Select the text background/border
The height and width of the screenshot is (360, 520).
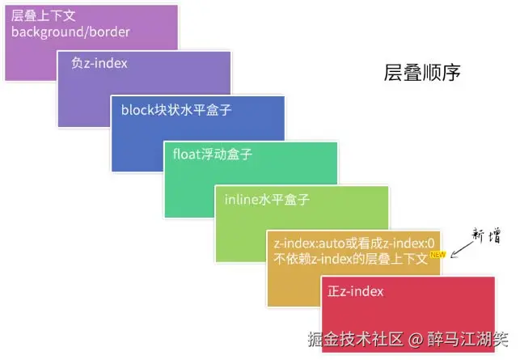click(70, 32)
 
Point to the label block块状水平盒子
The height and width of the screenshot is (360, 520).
click(176, 109)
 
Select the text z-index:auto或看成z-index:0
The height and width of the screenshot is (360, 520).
click(354, 244)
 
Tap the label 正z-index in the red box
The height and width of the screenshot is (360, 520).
click(356, 291)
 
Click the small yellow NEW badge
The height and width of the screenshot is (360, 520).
click(438, 256)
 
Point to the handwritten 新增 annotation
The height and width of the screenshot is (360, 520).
click(484, 237)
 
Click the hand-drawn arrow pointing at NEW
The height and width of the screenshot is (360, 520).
click(462, 250)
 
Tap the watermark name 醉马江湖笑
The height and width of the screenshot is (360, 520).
click(468, 340)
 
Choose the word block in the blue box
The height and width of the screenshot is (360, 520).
click(138, 109)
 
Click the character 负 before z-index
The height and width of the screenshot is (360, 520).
click(77, 62)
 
